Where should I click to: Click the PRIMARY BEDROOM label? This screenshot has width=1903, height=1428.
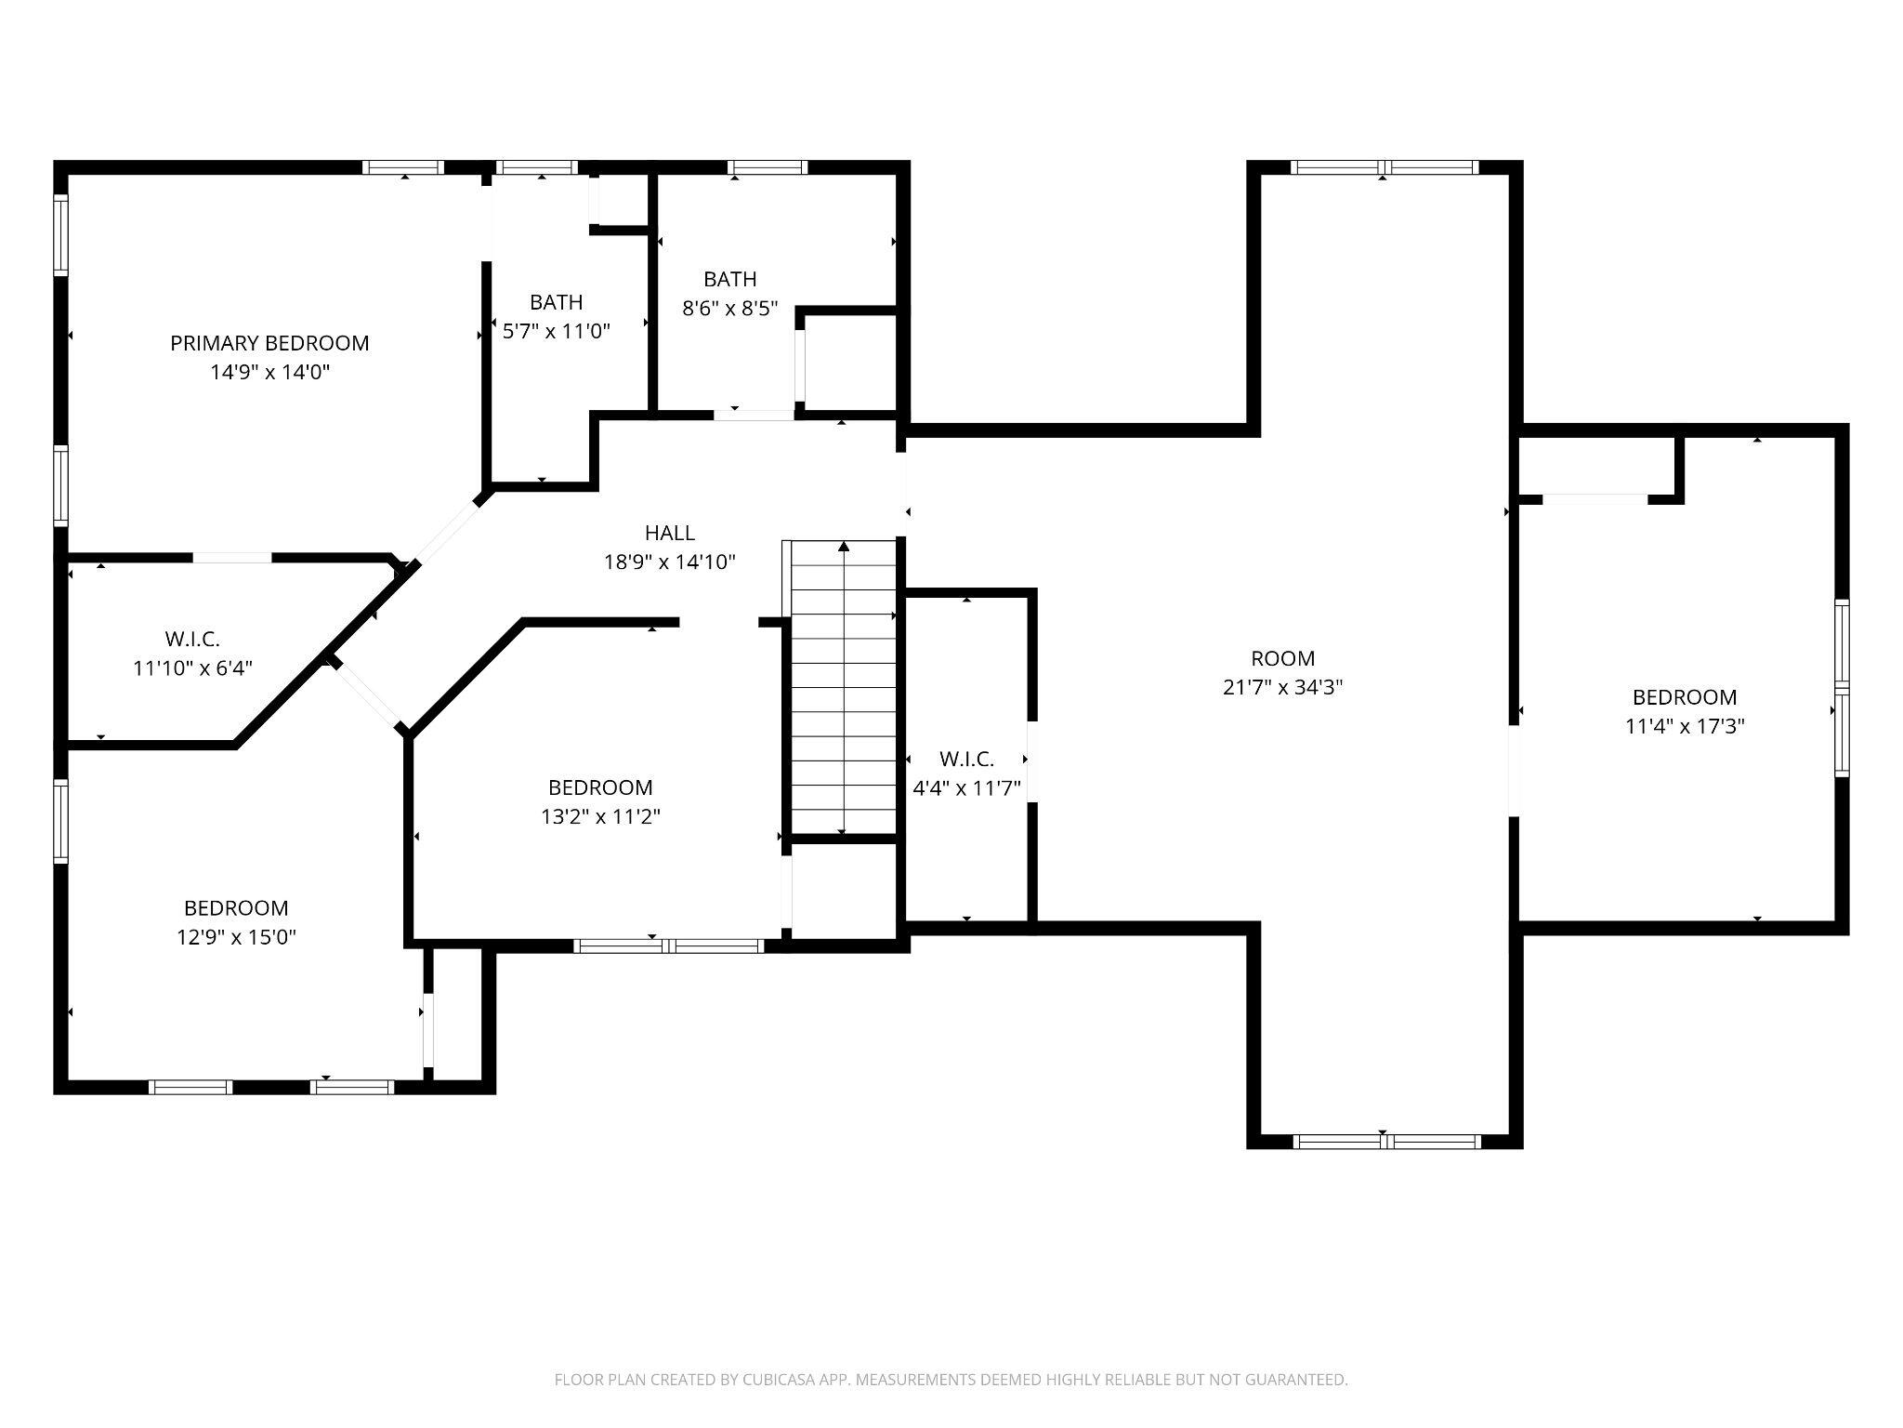269,343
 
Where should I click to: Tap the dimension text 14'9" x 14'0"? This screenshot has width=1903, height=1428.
269,373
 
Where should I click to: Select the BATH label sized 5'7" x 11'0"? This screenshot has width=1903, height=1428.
556,302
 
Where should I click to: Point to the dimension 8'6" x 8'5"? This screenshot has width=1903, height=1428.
729,309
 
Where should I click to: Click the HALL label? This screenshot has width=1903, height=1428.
669,533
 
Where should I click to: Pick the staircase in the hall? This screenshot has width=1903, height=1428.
843,688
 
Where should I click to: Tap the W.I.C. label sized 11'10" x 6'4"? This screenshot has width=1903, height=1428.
192,639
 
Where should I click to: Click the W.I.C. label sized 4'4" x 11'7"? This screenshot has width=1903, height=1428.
966,760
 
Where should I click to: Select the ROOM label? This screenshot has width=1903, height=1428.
1282,658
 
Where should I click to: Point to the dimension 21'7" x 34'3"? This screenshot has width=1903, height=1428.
1282,688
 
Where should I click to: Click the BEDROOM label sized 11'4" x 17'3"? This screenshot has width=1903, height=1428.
1684,697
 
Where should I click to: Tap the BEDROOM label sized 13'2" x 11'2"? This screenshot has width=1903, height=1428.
599,787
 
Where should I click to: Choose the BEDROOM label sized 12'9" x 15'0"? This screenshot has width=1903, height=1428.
236,907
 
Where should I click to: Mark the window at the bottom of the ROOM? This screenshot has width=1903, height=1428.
1386,1142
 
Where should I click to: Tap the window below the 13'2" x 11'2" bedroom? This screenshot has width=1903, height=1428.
669,946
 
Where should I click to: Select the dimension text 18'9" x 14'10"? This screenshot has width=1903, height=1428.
669,562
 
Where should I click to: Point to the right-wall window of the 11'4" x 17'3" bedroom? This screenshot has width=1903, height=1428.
1841,688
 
